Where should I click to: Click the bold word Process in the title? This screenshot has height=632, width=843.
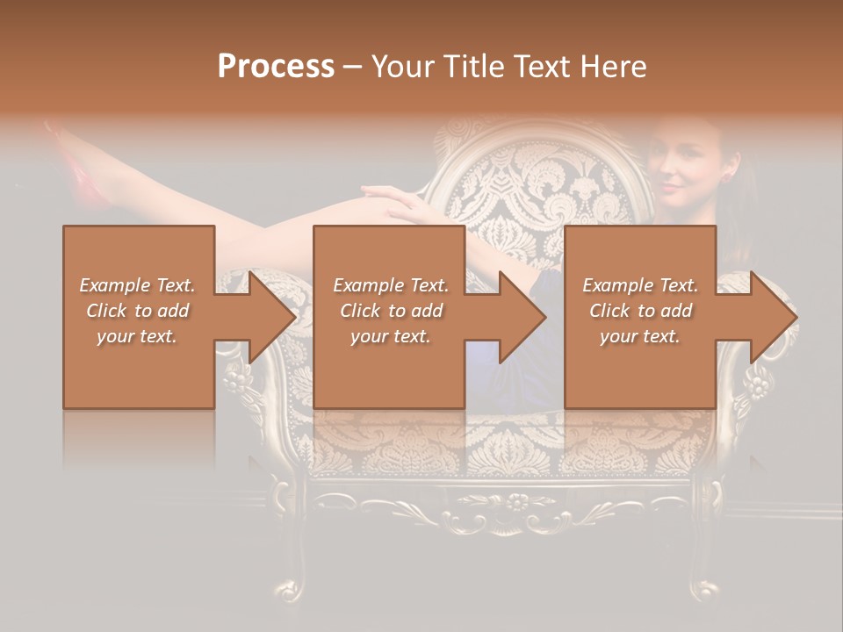(276, 67)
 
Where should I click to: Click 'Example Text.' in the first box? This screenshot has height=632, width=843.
(137, 285)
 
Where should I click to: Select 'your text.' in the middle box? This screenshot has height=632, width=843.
(390, 336)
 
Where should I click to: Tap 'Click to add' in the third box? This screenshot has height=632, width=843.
(640, 311)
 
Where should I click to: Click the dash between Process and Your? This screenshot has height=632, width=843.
(352, 68)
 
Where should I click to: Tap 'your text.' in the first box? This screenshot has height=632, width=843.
(137, 336)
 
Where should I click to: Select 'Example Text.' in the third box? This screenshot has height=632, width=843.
(640, 285)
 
